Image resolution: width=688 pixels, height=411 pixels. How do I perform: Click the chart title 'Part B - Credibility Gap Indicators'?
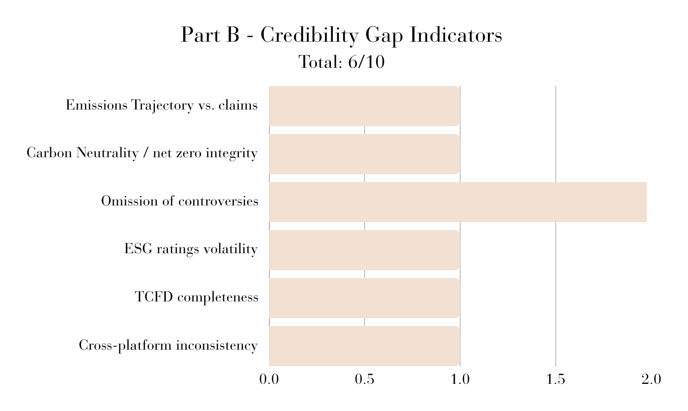(341, 35)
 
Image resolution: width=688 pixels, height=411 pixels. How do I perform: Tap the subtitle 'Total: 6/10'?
(341, 62)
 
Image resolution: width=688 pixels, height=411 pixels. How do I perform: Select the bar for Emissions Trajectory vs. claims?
(365, 106)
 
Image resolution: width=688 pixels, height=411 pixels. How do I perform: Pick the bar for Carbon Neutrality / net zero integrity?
(365, 154)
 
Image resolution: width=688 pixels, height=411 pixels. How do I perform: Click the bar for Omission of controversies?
(458, 202)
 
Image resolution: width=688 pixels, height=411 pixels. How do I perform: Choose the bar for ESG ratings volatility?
(365, 250)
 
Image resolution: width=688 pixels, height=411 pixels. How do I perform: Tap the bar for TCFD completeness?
(365, 298)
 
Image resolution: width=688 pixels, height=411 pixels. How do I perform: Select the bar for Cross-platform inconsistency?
(365, 346)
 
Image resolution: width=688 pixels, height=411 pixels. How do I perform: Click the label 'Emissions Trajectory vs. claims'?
(162, 106)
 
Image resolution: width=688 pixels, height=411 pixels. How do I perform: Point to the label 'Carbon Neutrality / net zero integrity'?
(142, 153)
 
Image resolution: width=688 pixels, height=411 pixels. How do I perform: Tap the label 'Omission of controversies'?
(180, 201)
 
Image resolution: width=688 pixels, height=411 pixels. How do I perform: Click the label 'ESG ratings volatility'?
(191, 249)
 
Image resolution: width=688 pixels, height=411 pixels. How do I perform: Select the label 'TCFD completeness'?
(197, 297)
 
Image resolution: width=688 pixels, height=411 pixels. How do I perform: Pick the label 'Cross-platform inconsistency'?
(168, 345)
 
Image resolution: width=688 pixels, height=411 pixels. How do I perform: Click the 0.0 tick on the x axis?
(269, 379)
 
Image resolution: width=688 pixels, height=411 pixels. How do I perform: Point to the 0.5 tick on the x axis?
(365, 379)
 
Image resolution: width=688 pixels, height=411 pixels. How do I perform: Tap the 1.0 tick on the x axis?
(460, 379)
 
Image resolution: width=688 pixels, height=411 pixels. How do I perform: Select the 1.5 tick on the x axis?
(556, 379)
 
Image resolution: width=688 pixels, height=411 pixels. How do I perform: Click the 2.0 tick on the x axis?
(651, 379)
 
